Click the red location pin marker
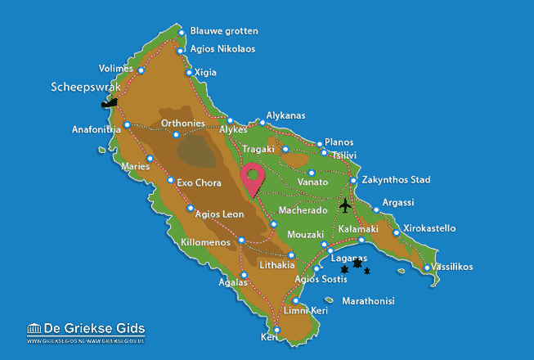[x=254, y=176]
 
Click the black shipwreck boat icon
[x=108, y=103]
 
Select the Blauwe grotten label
[x=224, y=31]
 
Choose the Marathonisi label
[x=368, y=301]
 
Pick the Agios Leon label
[x=222, y=214]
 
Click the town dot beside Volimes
[x=141, y=70]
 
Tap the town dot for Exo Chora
[x=170, y=181]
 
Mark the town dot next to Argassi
[x=376, y=209]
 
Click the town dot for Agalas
[x=244, y=275]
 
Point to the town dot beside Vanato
[x=311, y=173]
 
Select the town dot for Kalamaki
[x=361, y=240]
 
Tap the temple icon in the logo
[x=34, y=329]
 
